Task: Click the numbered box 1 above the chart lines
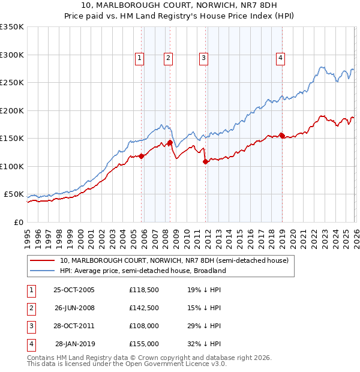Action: click(x=139, y=58)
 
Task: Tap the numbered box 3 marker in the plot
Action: click(x=203, y=58)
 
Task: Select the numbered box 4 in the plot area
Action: click(x=280, y=58)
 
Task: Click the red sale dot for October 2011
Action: click(x=205, y=161)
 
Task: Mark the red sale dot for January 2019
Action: click(x=282, y=136)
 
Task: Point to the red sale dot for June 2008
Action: click(x=170, y=143)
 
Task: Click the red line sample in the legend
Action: click(x=43, y=260)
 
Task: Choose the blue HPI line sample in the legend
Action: click(x=43, y=271)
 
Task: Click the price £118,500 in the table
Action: click(x=144, y=290)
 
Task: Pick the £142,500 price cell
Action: click(x=144, y=308)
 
